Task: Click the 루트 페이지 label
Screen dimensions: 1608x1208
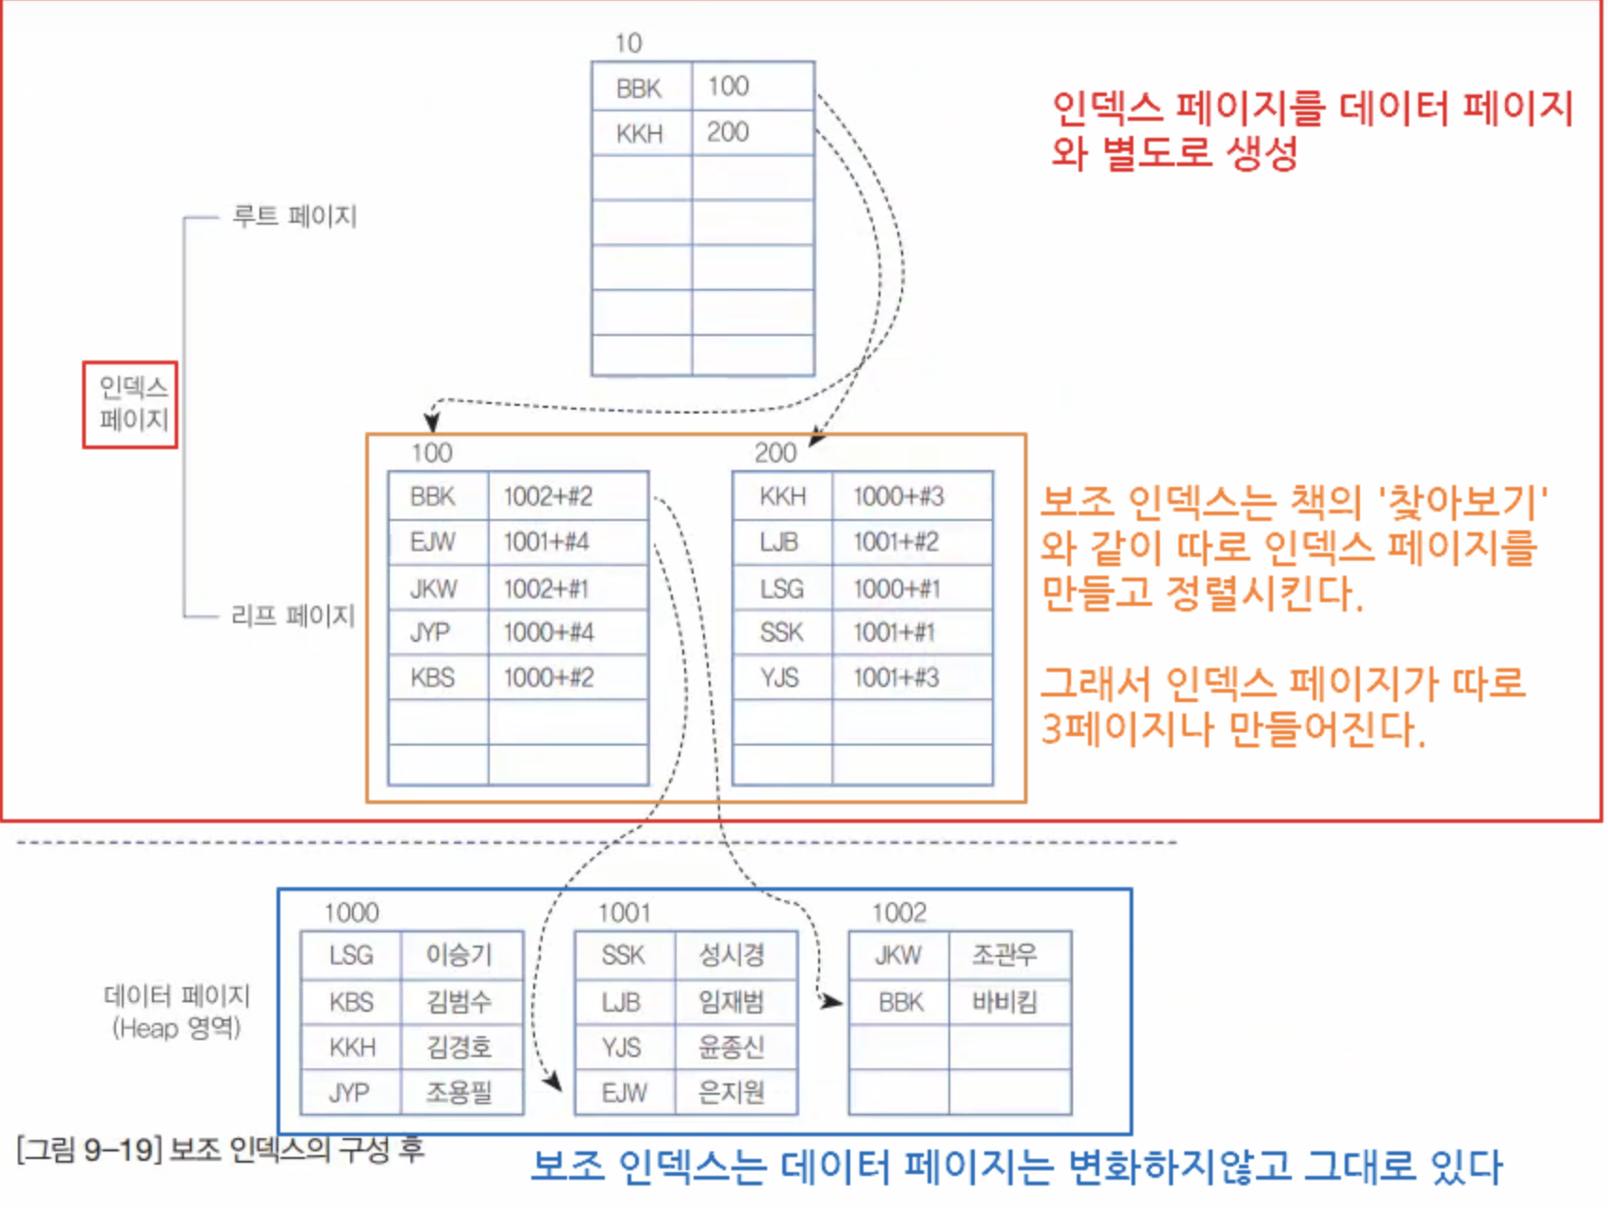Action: (x=294, y=216)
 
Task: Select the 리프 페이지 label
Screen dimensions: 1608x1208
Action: (x=293, y=616)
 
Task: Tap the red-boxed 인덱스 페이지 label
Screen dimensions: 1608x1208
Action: (x=131, y=404)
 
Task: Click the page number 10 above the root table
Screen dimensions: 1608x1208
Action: (x=628, y=43)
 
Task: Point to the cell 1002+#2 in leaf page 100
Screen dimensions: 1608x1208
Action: (x=547, y=496)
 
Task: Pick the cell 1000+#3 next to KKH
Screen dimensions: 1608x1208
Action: (x=897, y=496)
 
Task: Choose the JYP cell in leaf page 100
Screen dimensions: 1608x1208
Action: (x=430, y=632)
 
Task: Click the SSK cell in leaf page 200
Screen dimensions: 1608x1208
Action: (x=781, y=632)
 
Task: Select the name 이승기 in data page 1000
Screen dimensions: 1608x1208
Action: (x=459, y=955)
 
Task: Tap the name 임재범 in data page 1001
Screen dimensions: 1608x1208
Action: (x=731, y=1001)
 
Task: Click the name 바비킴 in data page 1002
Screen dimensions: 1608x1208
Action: (x=1004, y=1001)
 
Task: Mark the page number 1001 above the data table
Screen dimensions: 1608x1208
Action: (x=624, y=913)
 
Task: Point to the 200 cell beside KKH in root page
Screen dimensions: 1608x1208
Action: (x=728, y=132)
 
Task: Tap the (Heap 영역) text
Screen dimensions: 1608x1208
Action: (x=176, y=1028)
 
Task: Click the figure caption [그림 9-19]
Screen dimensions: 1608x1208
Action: (x=90, y=1150)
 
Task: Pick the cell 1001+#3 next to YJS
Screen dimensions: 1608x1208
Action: (x=896, y=678)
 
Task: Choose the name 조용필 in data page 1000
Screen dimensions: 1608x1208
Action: (x=459, y=1093)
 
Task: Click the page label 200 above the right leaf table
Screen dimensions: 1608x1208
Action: (x=775, y=453)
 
